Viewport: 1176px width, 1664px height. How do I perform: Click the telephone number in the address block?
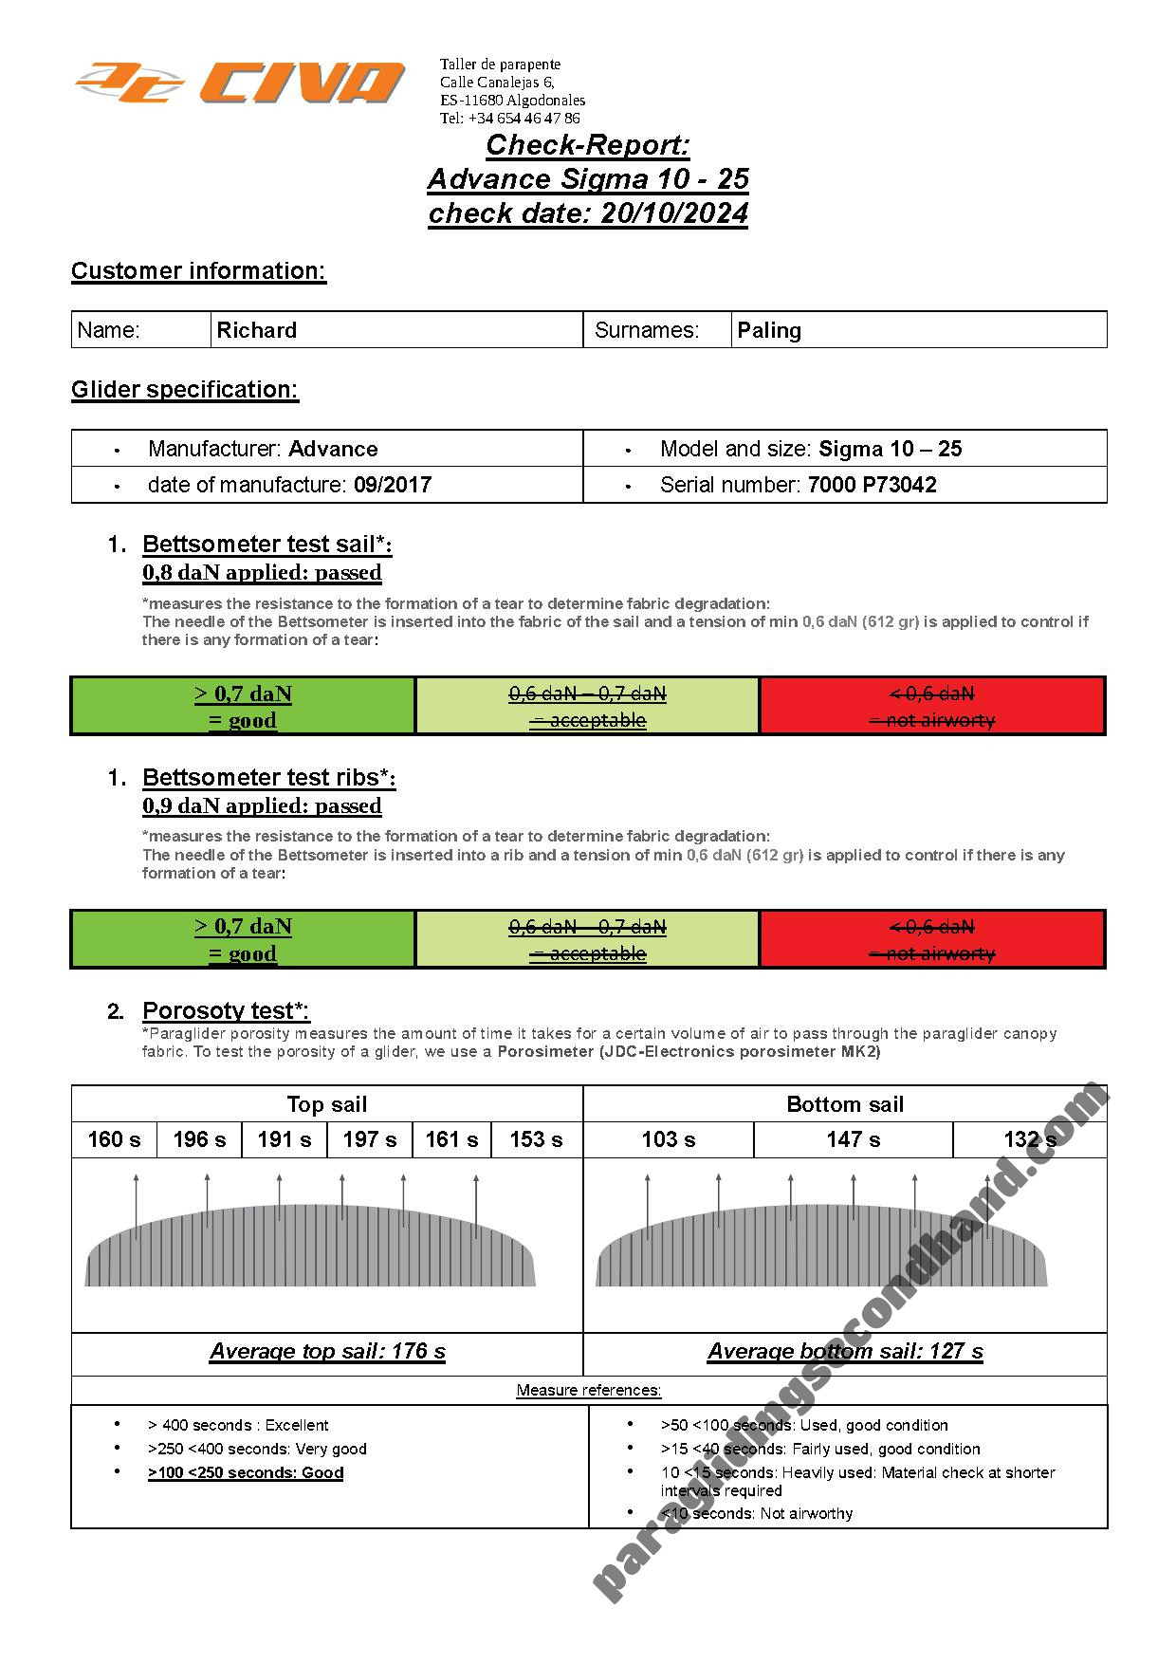tap(509, 119)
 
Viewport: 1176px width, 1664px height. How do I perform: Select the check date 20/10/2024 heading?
tap(588, 213)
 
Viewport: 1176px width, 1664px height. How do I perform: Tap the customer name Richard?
tap(257, 330)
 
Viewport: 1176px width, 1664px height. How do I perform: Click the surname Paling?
tap(769, 330)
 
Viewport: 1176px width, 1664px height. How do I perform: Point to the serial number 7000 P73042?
tap(872, 485)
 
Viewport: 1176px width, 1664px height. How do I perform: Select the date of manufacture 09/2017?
tap(392, 485)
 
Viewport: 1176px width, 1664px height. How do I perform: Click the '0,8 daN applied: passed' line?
tap(262, 573)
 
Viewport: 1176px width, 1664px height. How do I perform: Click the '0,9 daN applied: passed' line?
tap(262, 806)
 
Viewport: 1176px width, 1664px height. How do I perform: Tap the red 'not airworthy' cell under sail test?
tap(932, 706)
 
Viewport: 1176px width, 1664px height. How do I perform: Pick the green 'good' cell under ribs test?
tap(243, 939)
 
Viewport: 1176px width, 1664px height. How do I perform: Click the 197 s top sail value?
tap(369, 1139)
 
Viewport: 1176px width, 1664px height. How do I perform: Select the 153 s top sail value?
tap(536, 1139)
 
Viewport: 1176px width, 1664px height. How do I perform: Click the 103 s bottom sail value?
tap(668, 1139)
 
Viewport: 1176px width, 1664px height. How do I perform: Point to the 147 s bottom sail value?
tap(853, 1139)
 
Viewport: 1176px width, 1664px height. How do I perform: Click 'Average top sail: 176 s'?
tap(327, 1351)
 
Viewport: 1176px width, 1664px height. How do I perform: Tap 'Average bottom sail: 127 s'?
tap(845, 1351)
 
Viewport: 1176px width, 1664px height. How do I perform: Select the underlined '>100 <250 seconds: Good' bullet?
tap(246, 1472)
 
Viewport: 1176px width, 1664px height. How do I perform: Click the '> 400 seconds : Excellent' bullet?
tap(238, 1425)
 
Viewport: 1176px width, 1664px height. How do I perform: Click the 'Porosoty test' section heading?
tap(226, 1010)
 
